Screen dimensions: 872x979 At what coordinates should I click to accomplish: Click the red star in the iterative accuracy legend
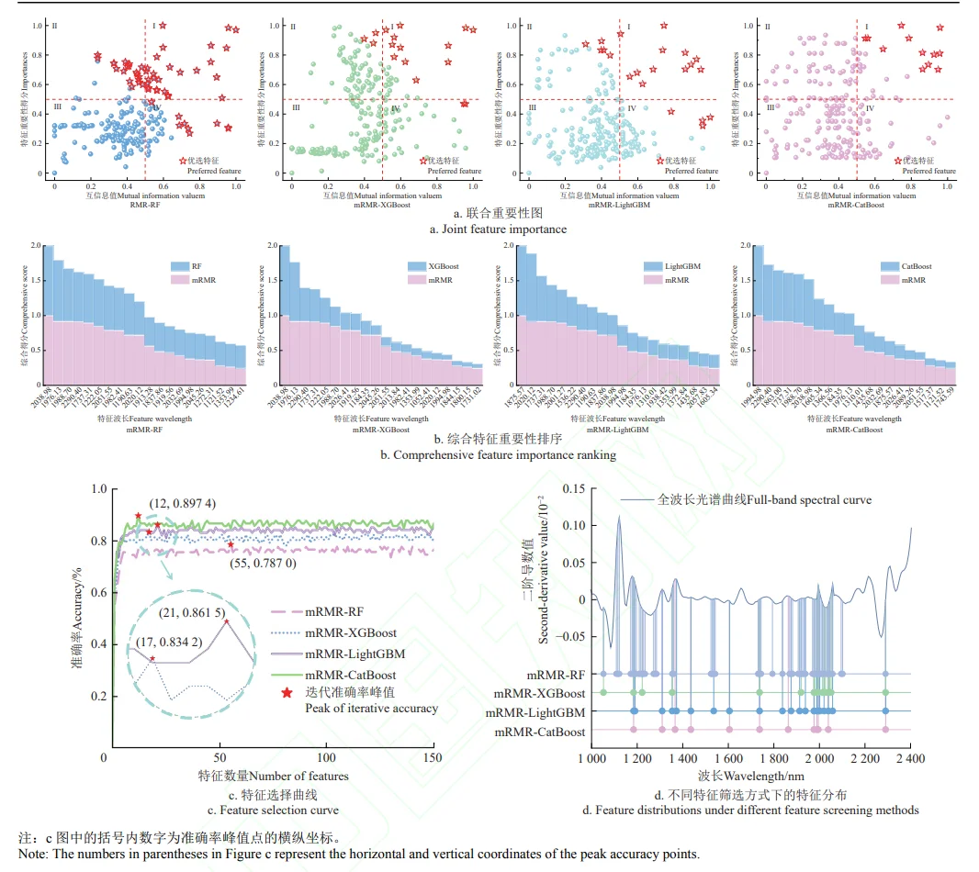pyautogui.click(x=287, y=692)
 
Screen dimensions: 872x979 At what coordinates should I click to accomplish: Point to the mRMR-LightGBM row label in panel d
pyautogui.click(x=535, y=711)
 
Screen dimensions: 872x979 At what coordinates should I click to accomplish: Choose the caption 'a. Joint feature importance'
pyautogui.click(x=489, y=229)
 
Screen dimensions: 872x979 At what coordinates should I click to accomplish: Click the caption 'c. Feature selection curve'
pyautogui.click(x=273, y=811)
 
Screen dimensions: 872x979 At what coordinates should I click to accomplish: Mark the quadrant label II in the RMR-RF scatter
pyautogui.click(x=55, y=26)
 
